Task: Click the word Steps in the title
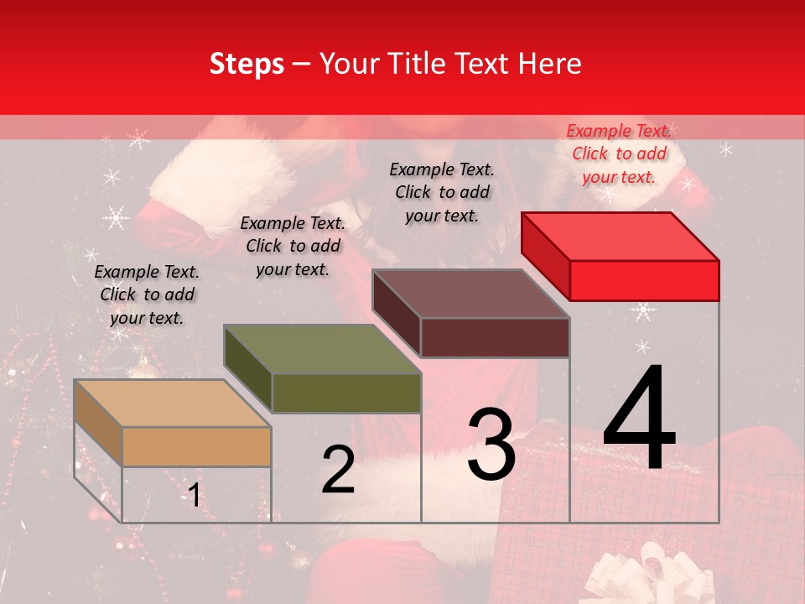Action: (x=247, y=64)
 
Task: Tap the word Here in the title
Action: (x=548, y=64)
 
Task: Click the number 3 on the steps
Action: (x=491, y=445)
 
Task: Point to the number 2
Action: (x=338, y=470)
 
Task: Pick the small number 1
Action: (x=194, y=495)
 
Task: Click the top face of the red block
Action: (x=621, y=237)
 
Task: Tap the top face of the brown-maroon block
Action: (x=471, y=294)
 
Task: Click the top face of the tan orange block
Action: (x=173, y=404)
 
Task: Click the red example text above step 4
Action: (x=619, y=154)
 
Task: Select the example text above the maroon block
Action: (x=442, y=192)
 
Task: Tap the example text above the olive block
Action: (x=293, y=246)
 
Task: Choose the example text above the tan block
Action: (x=147, y=294)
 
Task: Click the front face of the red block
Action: (x=644, y=280)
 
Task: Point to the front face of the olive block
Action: (x=346, y=393)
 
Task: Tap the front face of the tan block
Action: (x=196, y=446)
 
